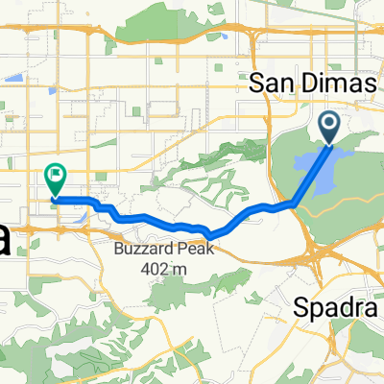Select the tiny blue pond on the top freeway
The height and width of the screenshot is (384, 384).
point(223,38)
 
